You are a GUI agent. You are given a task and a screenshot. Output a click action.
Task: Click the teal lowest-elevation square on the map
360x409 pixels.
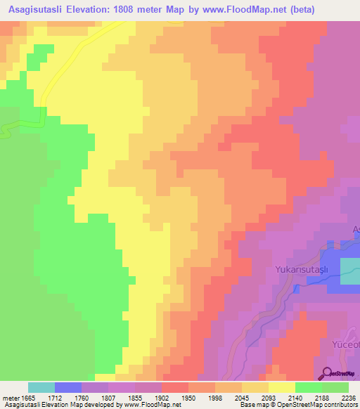[x=350, y=271]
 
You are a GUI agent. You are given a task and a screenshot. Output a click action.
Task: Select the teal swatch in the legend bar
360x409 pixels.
[x=41, y=387]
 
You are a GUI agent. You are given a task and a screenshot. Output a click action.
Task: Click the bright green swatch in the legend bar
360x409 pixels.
[x=308, y=387]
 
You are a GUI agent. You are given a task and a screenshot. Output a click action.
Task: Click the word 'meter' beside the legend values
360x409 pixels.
[x=10, y=398]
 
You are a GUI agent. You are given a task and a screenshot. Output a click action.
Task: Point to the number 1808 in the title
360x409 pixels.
[x=129, y=10]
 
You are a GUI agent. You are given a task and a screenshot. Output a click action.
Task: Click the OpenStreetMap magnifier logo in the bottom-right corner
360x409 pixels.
[x=328, y=375]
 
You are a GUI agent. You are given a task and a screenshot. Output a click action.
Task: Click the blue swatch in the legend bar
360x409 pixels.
[x=68, y=387]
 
